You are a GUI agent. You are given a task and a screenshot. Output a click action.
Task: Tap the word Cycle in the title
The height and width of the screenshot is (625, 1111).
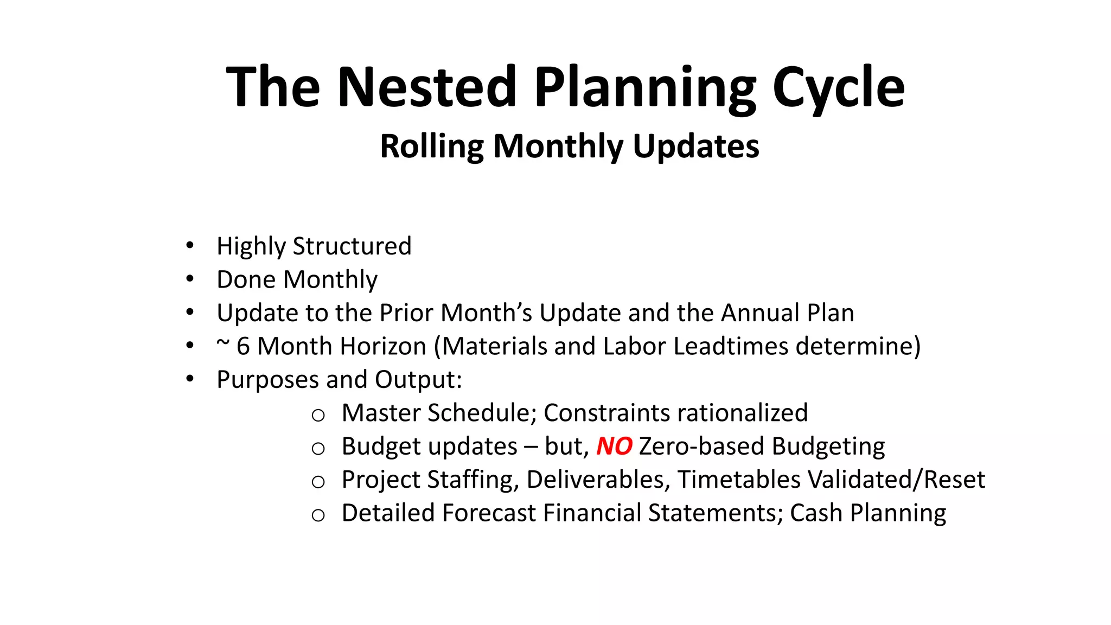[838, 87]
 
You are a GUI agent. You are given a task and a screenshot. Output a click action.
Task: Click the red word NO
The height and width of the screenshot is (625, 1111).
[614, 447]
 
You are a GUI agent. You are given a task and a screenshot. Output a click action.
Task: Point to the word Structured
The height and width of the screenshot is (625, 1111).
[352, 246]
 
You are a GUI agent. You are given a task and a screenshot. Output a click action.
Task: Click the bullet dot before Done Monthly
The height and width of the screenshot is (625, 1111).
[189, 279]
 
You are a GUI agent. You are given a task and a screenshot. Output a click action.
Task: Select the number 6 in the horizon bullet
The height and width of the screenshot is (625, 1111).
[244, 346]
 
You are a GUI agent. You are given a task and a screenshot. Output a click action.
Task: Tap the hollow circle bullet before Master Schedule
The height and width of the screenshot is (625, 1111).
[318, 416]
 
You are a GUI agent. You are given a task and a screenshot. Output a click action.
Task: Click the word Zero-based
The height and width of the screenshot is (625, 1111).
[702, 447]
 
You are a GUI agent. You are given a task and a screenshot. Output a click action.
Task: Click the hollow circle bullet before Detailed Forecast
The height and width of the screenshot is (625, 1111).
[318, 515]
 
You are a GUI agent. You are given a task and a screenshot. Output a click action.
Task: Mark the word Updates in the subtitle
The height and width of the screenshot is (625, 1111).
[696, 146]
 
